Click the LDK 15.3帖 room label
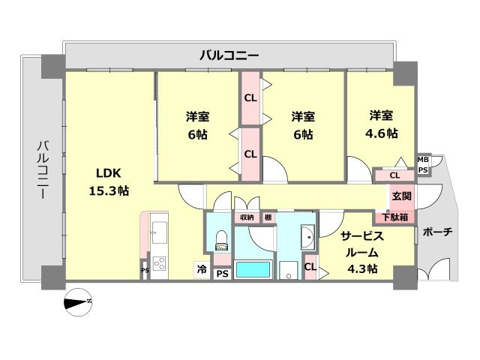tap(109, 181)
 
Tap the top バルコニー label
tap(229, 55)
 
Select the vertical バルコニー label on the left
tap(42, 169)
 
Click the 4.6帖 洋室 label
tap(382, 124)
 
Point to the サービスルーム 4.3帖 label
tap(363, 252)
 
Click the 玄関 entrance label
tap(401, 196)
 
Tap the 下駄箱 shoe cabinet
tap(394, 217)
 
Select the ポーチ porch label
tap(438, 232)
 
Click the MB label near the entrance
tap(423, 159)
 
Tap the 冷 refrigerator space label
tap(202, 268)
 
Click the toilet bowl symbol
tap(220, 239)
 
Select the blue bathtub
tap(253, 269)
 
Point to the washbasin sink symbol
tap(307, 239)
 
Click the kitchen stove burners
tap(160, 263)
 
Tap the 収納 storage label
tap(246, 217)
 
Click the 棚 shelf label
tap(268, 217)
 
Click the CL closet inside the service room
tap(310, 265)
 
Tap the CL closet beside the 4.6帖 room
tap(394, 175)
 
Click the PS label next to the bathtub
tap(222, 274)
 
